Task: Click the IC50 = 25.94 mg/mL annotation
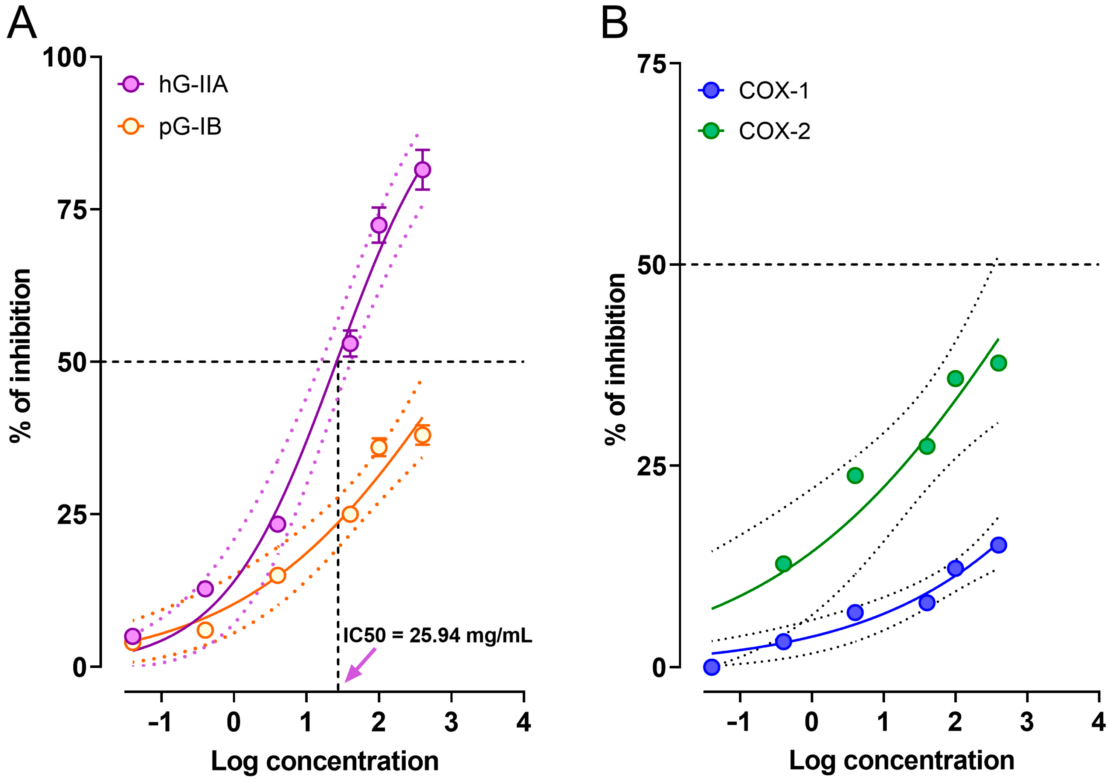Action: coord(437,635)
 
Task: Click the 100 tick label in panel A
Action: coord(64,58)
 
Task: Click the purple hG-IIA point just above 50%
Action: coord(350,344)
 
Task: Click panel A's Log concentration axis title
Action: coord(325,761)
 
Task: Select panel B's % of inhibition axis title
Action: coord(615,358)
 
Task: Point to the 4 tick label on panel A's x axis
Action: coord(523,722)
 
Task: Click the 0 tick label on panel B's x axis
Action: coord(812,722)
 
